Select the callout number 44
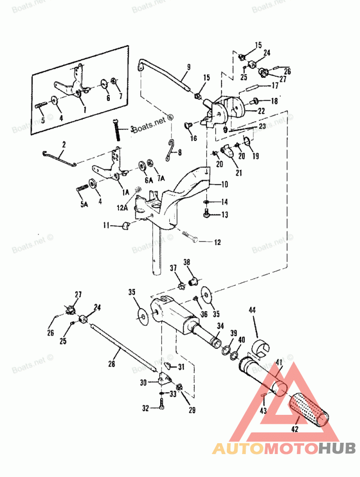pos(252,310)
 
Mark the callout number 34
pos(220,326)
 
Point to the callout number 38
pos(186,262)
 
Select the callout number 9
pos(189,68)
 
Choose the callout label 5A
pos(84,204)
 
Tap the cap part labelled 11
pos(125,224)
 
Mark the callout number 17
pos(274,86)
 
